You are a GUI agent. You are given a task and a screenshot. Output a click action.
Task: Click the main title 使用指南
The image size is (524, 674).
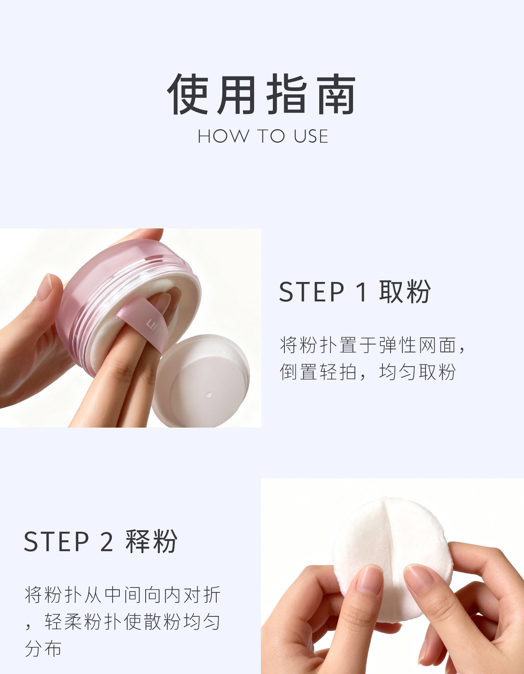pos(262,94)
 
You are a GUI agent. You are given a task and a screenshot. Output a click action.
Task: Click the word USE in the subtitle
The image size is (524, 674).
pos(311,136)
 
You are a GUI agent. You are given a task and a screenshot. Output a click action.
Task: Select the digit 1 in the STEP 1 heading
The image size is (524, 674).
pos(362,292)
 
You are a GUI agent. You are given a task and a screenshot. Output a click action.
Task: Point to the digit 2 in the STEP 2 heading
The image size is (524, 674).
pos(106,541)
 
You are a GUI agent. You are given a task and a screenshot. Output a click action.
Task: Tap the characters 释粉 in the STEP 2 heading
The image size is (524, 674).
pos(152,541)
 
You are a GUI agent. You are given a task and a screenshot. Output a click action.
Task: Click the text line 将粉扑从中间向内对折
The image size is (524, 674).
pos(123,595)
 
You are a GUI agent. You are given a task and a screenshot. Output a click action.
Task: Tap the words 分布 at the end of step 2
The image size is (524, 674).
pos(43,649)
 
